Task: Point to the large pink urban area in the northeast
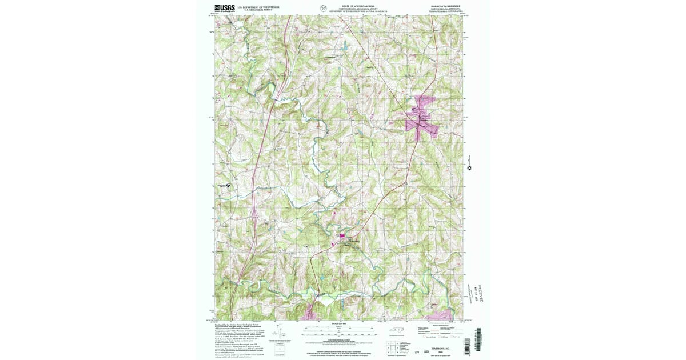(x=422, y=117)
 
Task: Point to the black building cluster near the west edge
(x=229, y=185)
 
